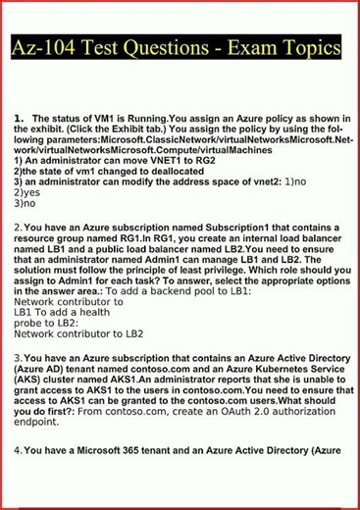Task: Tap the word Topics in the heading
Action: pyautogui.click(x=309, y=47)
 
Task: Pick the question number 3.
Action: pyautogui.click(x=18, y=360)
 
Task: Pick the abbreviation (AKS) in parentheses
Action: pyautogui.click(x=30, y=382)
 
